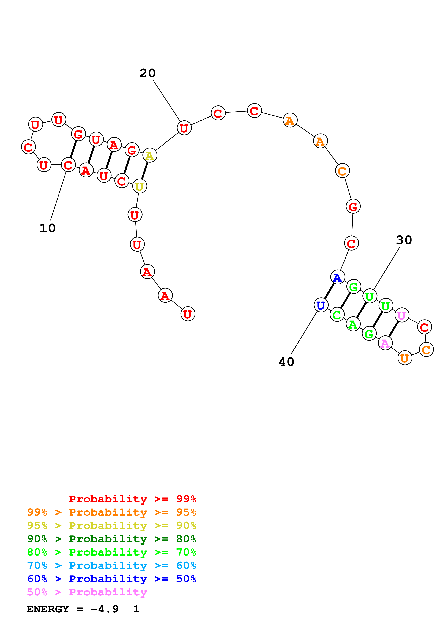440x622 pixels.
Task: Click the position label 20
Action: (147, 73)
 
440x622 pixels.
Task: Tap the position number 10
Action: (48, 228)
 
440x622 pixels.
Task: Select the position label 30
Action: (404, 240)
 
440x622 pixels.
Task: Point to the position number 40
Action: (286, 362)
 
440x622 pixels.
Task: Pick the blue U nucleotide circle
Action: (321, 305)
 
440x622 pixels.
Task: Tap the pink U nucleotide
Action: (401, 315)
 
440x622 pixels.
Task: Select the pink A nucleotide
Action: (385, 343)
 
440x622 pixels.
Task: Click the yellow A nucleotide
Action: (150, 155)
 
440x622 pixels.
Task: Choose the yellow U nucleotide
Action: (140, 186)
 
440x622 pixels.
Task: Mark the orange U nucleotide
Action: (405, 358)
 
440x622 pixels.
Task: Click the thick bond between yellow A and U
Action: (145, 171)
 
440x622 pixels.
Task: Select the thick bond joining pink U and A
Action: (393, 329)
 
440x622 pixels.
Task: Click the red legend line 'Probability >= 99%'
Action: (132, 499)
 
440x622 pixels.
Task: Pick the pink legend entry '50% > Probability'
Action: (87, 592)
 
